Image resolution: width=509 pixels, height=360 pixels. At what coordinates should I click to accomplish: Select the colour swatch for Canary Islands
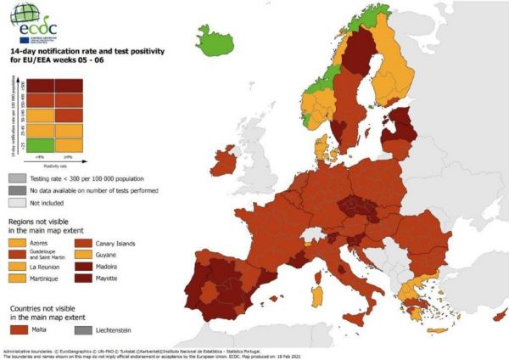coord(96,242)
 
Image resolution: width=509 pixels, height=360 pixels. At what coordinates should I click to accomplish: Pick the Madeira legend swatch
coord(96,266)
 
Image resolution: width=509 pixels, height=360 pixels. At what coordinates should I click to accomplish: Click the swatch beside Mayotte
coord(96,278)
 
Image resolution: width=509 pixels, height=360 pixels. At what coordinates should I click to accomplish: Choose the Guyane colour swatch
coord(96,254)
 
